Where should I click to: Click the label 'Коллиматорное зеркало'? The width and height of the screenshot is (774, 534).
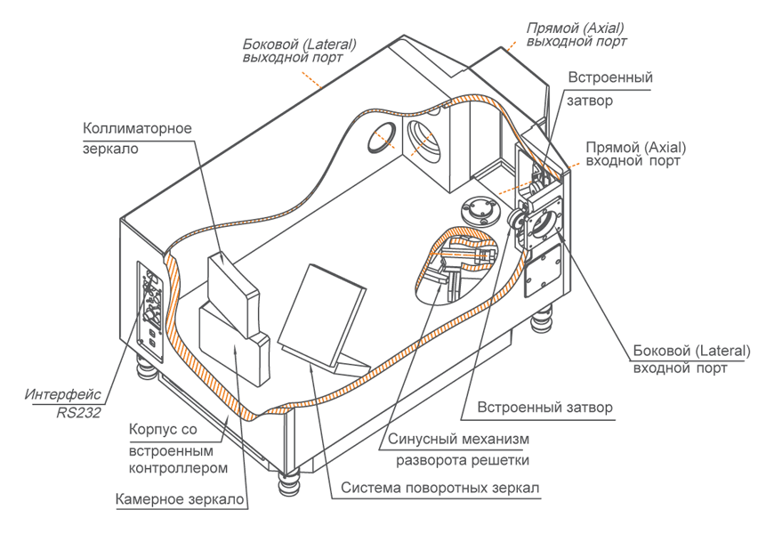click(x=137, y=138)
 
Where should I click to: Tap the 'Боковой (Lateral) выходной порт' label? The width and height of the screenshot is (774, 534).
click(x=299, y=51)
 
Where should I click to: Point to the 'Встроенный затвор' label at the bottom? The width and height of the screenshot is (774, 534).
click(x=544, y=409)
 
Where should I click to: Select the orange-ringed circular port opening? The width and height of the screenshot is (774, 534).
click(x=385, y=138)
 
